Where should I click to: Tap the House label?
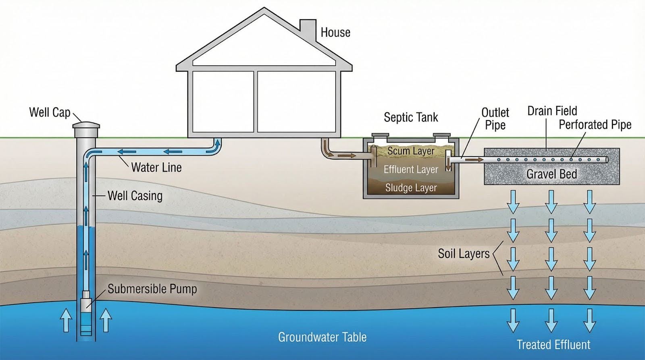coord(335,32)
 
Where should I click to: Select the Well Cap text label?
coord(50,112)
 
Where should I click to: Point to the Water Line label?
coord(156,167)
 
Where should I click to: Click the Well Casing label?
coord(135,196)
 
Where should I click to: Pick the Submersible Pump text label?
coord(152,289)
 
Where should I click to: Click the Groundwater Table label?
coord(322,337)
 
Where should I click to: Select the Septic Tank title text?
coord(410,117)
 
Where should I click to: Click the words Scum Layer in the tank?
coord(411,151)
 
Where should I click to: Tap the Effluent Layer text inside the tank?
coord(410,170)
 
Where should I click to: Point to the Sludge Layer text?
coord(411,188)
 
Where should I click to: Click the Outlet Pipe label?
coord(495,119)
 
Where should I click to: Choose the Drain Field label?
coord(552,111)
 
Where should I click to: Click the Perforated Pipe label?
coord(595,125)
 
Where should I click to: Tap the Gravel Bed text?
coord(551,174)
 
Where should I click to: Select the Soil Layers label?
coord(464,254)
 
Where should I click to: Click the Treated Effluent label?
coord(553,345)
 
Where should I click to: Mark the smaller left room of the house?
coord(223,101)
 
